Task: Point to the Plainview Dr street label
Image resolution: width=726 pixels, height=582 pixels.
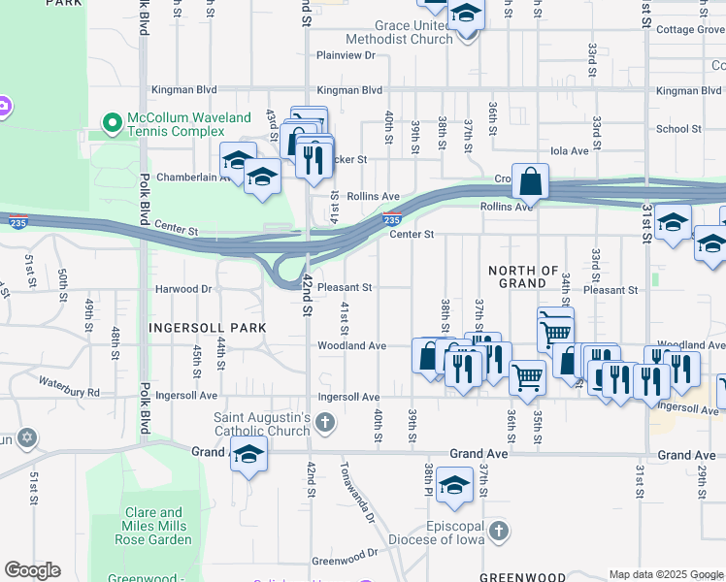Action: tap(345, 55)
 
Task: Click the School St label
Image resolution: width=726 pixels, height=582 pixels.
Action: tap(678, 129)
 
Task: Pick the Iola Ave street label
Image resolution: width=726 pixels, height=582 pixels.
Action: tap(570, 151)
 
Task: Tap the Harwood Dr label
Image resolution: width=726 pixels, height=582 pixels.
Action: tap(182, 289)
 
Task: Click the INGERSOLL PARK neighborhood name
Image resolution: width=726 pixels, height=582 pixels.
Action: tap(207, 328)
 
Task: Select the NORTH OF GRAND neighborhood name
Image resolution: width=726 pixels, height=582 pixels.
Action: tap(523, 276)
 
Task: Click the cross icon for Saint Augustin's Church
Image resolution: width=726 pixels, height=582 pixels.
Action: tap(325, 422)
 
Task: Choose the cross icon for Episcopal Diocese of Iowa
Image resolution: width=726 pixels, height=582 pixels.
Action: tap(498, 531)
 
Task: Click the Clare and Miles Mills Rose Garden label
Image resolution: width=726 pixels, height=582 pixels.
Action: tap(154, 526)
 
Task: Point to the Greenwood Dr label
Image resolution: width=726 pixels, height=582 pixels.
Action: tap(345, 555)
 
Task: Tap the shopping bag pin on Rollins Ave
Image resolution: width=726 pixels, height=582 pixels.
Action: tap(531, 181)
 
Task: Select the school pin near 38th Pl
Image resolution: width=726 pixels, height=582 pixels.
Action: tap(453, 485)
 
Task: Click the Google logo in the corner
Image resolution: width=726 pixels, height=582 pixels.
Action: tap(32, 570)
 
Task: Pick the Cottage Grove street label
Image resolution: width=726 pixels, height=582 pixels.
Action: tap(688, 30)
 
